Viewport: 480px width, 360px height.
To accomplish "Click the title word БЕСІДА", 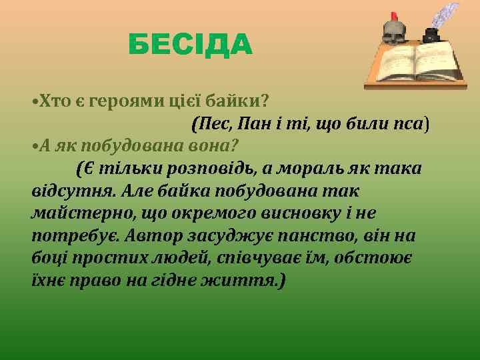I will (x=190, y=45).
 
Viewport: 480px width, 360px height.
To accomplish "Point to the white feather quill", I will (x=446, y=16).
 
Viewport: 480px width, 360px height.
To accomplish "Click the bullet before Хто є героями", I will (x=34, y=102).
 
